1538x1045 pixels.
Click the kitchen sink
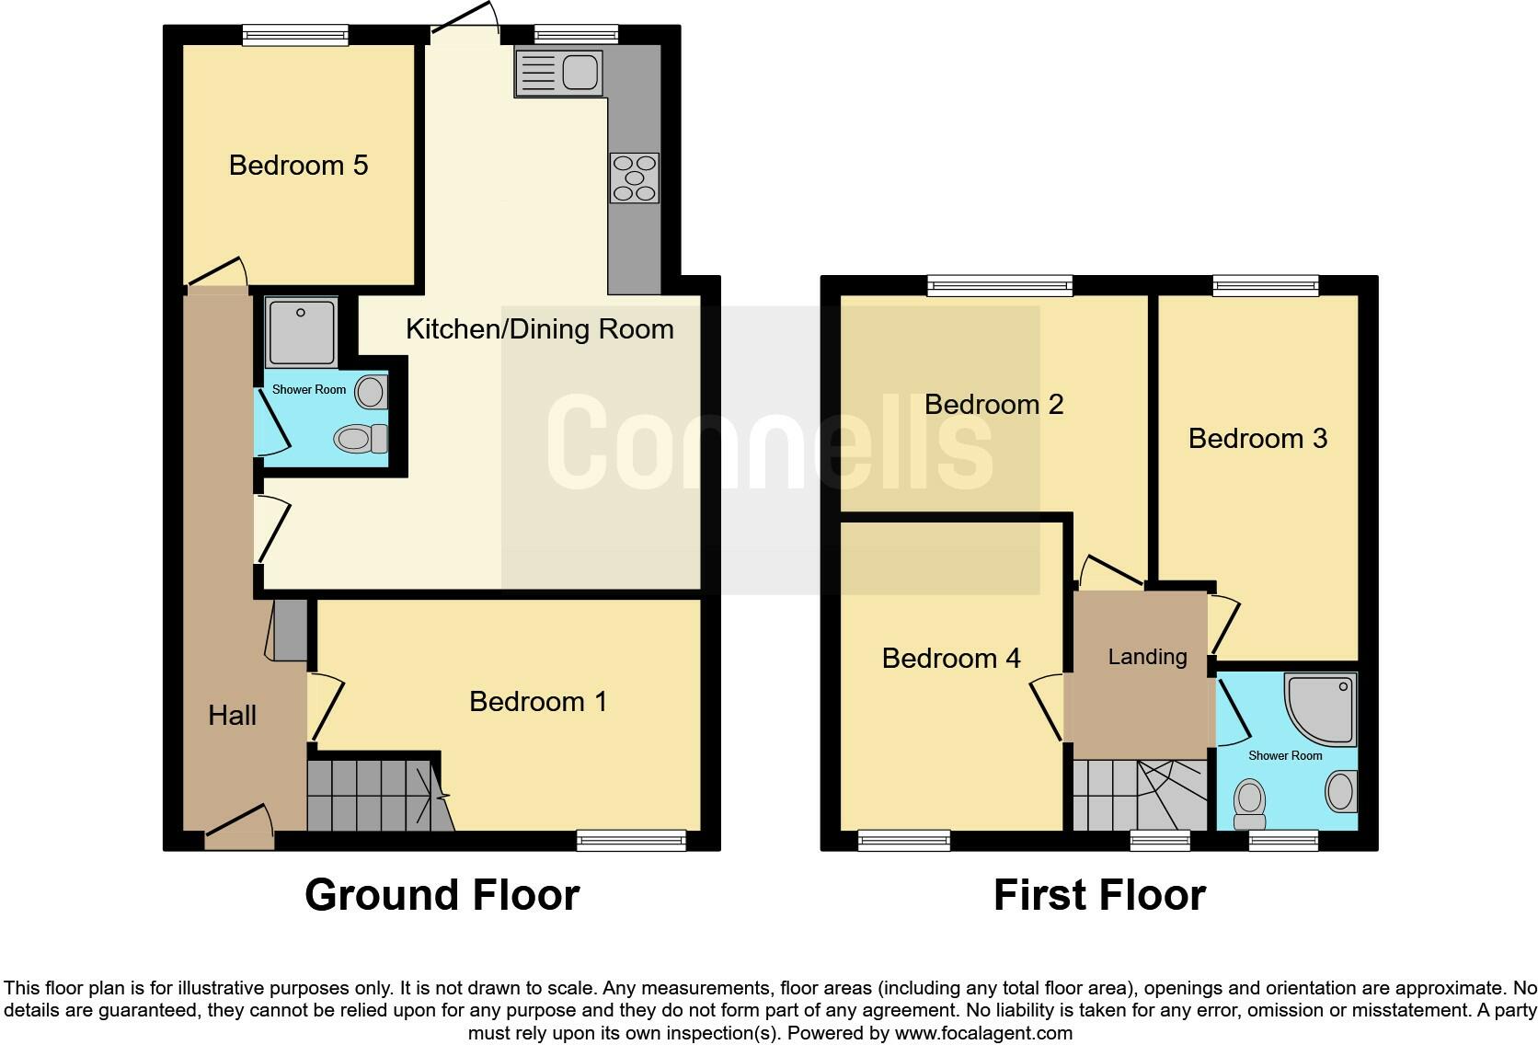(558, 73)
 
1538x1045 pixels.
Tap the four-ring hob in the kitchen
(634, 178)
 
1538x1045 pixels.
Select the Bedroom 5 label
(298, 166)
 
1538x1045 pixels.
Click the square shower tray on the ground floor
(301, 331)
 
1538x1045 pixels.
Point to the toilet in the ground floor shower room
(361, 439)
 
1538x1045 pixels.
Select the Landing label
(1146, 657)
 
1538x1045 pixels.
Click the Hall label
(232, 716)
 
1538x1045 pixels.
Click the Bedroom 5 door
(218, 273)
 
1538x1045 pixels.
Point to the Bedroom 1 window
(631, 839)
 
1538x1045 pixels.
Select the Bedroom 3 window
(1265, 286)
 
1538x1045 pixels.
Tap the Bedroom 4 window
(903, 839)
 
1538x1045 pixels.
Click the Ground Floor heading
(442, 895)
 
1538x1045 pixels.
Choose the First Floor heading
(1099, 895)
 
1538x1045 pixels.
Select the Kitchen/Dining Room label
(539, 329)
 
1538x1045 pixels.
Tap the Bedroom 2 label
(993, 405)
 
